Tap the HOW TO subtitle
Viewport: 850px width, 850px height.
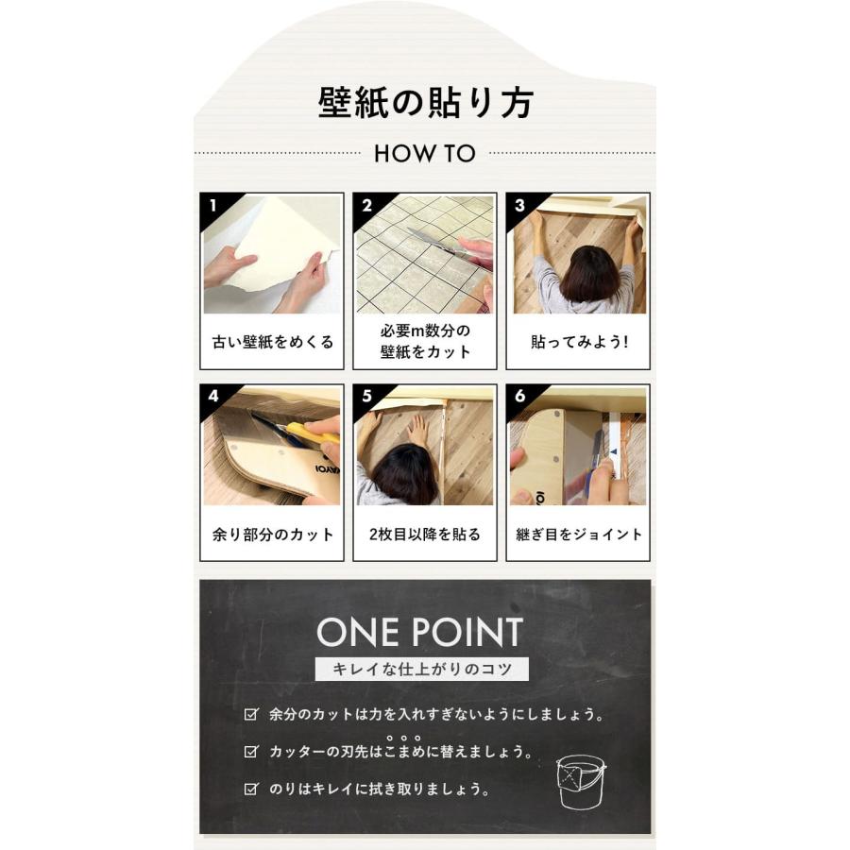(424, 153)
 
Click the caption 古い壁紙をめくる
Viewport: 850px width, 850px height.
(272, 342)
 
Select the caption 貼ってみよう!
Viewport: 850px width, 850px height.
(578, 342)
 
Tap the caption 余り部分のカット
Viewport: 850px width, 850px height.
(272, 535)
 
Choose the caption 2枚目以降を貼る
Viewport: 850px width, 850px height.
(424, 535)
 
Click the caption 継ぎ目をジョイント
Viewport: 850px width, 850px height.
(578, 535)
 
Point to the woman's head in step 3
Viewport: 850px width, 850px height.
(588, 273)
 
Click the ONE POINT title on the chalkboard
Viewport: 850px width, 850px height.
(419, 632)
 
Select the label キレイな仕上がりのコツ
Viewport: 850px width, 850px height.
(421, 670)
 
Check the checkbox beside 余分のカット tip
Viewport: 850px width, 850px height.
(250, 715)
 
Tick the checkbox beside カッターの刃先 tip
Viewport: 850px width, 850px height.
(250, 753)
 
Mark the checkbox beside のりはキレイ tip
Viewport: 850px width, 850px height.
(250, 789)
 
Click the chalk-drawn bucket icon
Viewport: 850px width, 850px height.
(578, 779)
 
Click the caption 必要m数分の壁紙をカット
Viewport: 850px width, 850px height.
(424, 342)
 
